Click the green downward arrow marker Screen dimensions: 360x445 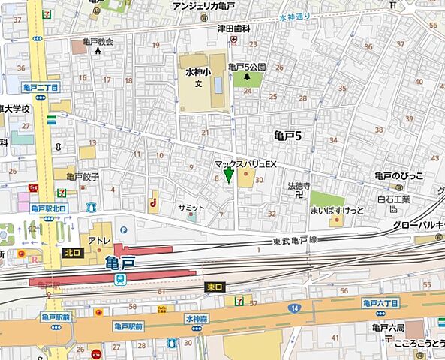pos(229,176)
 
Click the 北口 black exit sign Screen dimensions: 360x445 pos(72,253)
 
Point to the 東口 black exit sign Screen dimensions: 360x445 pos(214,287)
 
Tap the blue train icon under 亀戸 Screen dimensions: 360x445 pos(119,277)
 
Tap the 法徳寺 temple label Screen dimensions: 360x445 pos(299,184)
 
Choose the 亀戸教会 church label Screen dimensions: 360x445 pos(98,42)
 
